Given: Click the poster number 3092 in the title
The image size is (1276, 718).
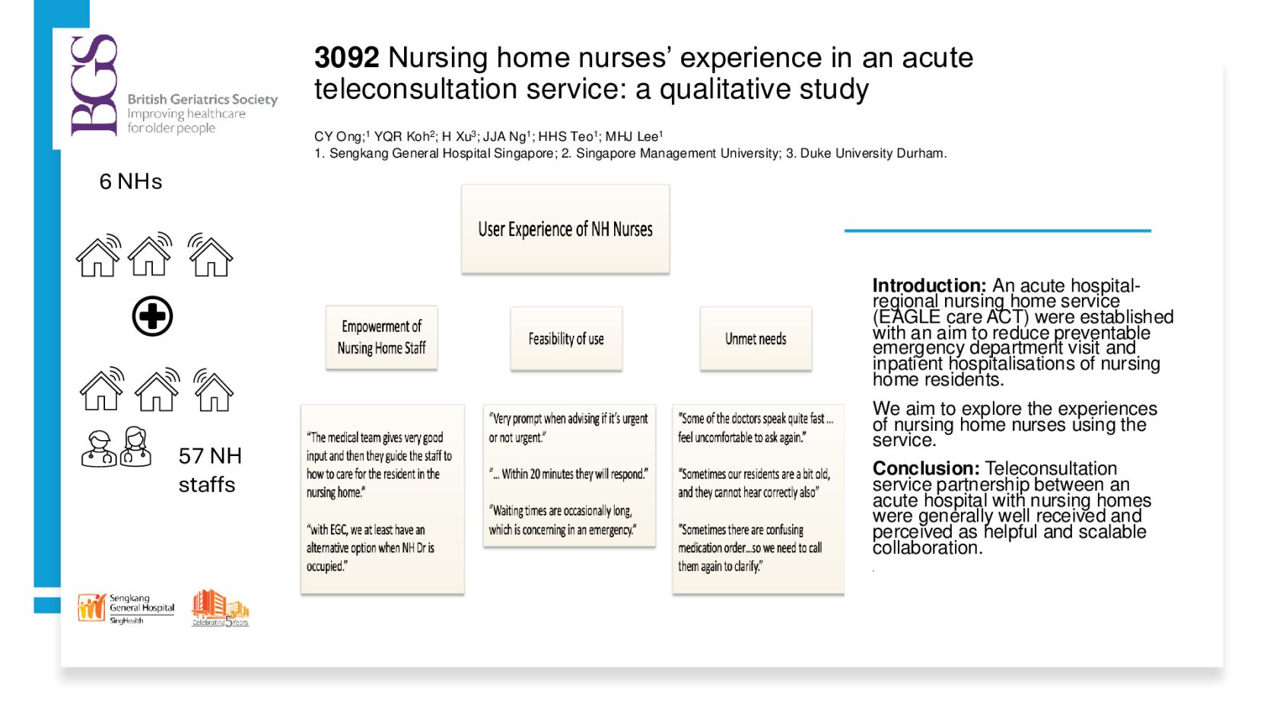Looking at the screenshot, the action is [x=346, y=58].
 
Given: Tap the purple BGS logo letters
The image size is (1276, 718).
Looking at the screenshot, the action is [x=94, y=85].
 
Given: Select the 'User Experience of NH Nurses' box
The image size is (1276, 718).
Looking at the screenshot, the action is [x=565, y=229].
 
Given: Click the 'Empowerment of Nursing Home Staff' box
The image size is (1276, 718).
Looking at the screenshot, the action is [x=382, y=337].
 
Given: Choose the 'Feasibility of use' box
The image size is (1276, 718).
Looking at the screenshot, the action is [x=566, y=339].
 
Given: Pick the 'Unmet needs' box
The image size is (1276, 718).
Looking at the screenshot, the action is [x=756, y=339].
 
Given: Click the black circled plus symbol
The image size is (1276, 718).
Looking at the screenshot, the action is [x=152, y=316].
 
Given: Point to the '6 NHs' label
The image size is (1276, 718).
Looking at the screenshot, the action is [x=130, y=182].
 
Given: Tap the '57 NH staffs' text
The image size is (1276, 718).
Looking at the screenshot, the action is [x=210, y=470].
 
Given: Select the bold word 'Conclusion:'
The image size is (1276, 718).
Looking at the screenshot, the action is [x=926, y=468].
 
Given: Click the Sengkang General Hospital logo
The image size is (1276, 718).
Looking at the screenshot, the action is [x=126, y=608].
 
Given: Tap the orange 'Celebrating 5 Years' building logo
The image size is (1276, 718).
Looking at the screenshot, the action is [x=221, y=608].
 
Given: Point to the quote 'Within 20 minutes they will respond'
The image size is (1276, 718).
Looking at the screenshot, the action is [x=568, y=474].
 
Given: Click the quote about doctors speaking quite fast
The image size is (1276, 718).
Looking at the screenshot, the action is [x=756, y=428].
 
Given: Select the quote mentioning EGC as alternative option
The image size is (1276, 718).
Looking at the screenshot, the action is [x=371, y=547].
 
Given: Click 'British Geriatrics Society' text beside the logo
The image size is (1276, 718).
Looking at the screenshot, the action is [x=203, y=99].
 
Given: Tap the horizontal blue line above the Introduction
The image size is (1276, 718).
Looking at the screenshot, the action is [x=998, y=231].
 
